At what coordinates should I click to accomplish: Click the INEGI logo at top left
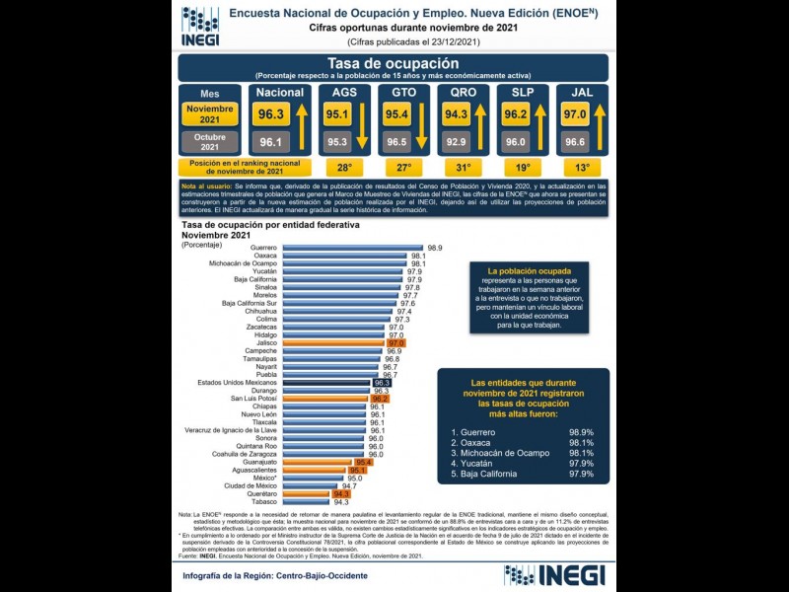coord(199,27)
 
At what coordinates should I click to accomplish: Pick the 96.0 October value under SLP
coord(516,142)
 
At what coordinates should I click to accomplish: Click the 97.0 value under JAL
coord(575,114)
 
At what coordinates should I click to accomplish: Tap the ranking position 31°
coord(464,168)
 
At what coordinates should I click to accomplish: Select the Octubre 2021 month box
coord(209,141)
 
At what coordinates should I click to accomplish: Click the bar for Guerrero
coord(350,247)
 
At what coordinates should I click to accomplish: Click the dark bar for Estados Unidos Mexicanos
coord(325,382)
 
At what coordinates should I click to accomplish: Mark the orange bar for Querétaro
coord(308,493)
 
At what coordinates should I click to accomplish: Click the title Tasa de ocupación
coord(393,64)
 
